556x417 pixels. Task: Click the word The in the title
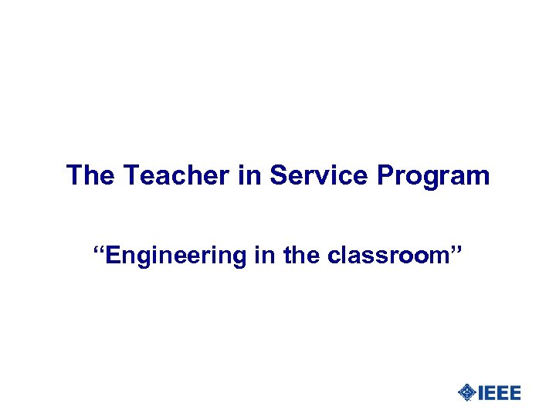(90, 176)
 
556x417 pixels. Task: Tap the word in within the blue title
(250, 176)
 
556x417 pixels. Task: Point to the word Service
(320, 176)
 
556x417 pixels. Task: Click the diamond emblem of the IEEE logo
(466, 393)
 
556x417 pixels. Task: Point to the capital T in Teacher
(131, 176)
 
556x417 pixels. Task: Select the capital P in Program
(385, 176)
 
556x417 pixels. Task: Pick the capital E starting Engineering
(115, 255)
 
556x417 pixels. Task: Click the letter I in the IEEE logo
(482, 393)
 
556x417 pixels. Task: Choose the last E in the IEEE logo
(514, 393)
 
